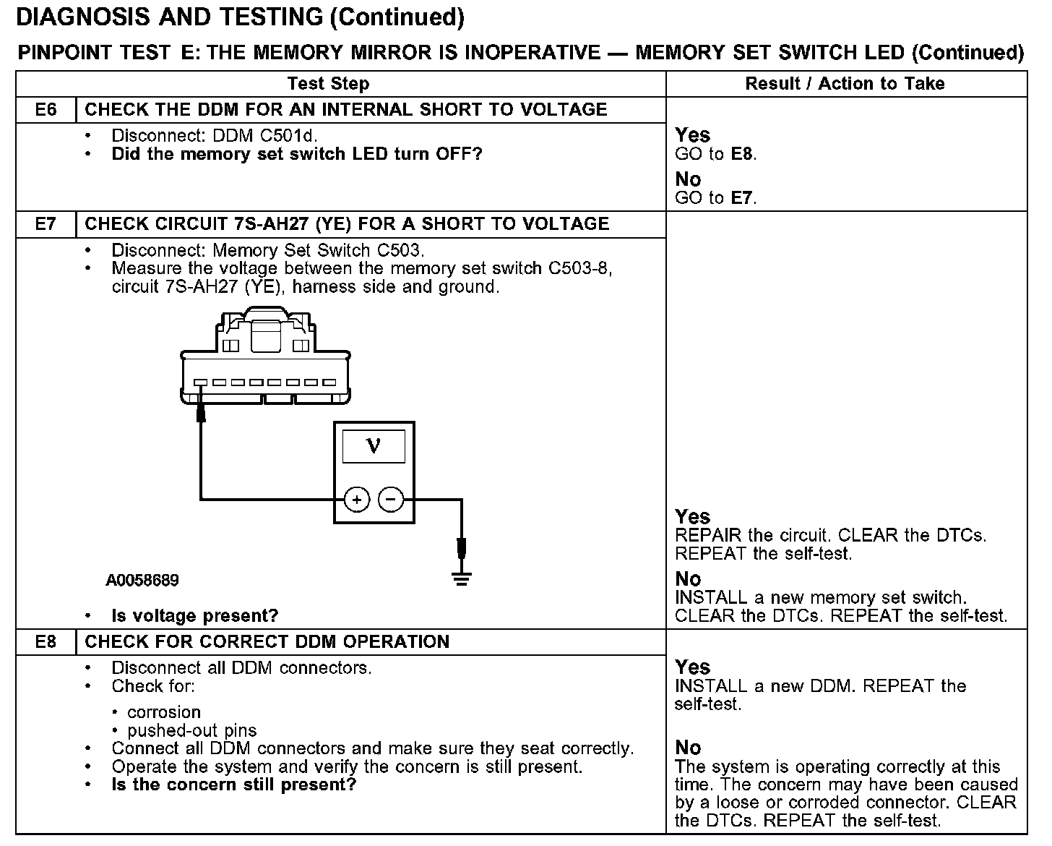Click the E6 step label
tap(46, 110)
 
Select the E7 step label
tap(46, 224)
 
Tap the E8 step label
tap(46, 642)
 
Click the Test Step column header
tap(328, 84)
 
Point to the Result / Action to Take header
tap(845, 84)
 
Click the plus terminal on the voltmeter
tap(356, 499)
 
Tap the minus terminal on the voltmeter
tap(391, 499)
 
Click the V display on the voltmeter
tap(374, 445)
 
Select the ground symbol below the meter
tap(462, 578)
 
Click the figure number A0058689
tap(142, 581)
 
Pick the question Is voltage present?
tap(195, 616)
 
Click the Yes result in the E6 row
tap(692, 135)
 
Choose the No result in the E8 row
tap(688, 748)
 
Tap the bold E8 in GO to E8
tap(742, 154)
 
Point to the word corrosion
tap(164, 712)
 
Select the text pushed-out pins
tap(192, 730)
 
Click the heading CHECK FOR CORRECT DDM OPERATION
tap(267, 642)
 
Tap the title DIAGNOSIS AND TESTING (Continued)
tap(240, 17)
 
